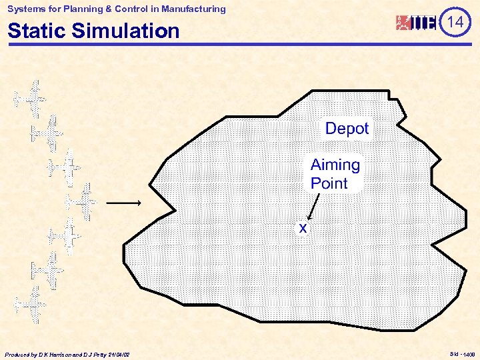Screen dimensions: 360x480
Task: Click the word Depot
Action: [x=347, y=129]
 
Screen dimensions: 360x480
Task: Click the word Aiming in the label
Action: [x=335, y=165]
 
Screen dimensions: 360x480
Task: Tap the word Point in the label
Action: [x=329, y=183]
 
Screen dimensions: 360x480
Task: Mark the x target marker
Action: [x=303, y=229]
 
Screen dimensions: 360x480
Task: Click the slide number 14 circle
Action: [x=455, y=22]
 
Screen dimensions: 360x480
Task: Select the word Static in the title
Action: [x=37, y=31]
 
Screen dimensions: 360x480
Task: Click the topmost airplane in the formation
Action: [x=31, y=97]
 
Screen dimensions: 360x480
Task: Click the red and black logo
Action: [x=416, y=23]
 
